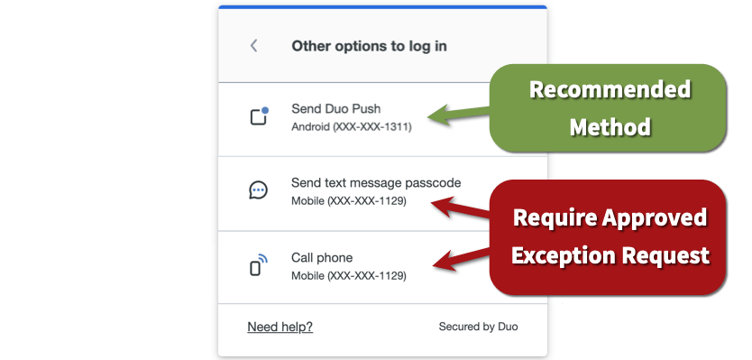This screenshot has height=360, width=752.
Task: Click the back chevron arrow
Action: pos(254,45)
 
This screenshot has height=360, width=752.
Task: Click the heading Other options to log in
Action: pos(369,46)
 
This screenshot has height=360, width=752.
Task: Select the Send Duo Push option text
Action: pos(339,108)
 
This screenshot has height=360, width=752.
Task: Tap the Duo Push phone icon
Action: pos(259,116)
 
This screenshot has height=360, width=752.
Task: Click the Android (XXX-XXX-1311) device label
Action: pos(352,127)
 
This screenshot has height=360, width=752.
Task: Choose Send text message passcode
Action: pos(376,182)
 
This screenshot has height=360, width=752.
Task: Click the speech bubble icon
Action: pos(258,190)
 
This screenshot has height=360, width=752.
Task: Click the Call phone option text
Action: pos(322,257)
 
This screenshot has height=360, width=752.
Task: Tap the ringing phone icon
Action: pos(258,265)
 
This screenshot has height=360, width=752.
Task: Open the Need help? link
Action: pos(280,327)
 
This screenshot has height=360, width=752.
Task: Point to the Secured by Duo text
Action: pos(478,327)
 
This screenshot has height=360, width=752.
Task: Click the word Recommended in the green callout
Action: pos(610,90)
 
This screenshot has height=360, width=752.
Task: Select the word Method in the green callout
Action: pos(610,126)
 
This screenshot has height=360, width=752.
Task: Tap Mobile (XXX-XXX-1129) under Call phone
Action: pos(348,275)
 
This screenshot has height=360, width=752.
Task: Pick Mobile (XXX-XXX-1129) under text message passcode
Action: pos(348,201)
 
